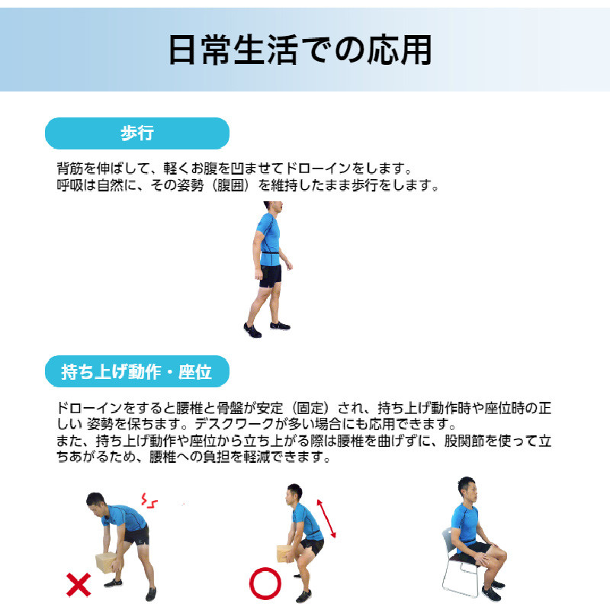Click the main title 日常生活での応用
(300, 50)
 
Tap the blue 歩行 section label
(137, 133)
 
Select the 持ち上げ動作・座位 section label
(137, 372)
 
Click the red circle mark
(265, 584)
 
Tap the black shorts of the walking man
(270, 276)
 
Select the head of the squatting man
(294, 494)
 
